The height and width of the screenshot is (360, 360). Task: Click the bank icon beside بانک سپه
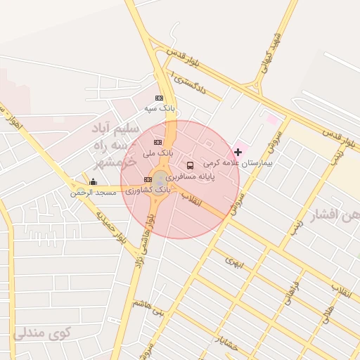159,98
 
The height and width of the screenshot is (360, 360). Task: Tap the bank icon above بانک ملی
157,143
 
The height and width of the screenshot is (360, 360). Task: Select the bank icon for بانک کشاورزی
148,180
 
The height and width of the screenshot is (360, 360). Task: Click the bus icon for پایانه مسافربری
191,166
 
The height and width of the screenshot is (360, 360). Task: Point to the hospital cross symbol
238,152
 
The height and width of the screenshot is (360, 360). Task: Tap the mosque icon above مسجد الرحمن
93,182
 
